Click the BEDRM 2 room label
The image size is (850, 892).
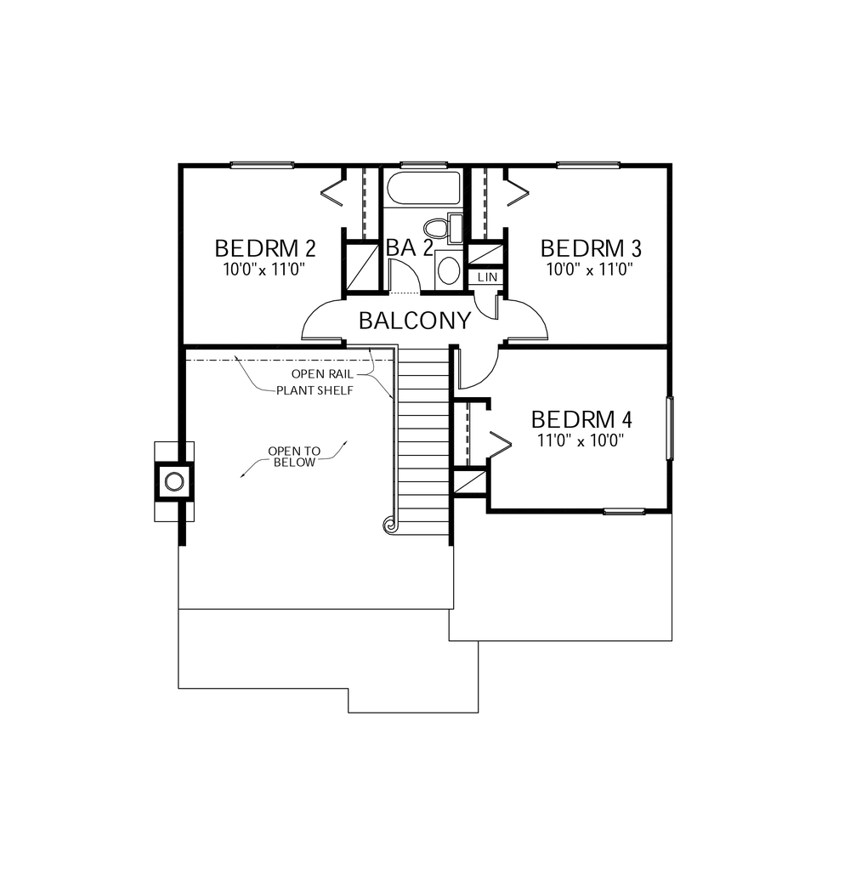click(x=265, y=248)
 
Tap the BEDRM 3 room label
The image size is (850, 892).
click(x=591, y=248)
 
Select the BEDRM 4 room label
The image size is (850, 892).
click(x=581, y=419)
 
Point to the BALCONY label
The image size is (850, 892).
click(x=414, y=321)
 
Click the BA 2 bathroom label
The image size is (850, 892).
click(x=410, y=247)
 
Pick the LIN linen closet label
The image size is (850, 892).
click(x=486, y=278)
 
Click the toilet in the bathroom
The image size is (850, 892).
click(x=438, y=228)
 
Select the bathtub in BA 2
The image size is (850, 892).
click(x=422, y=189)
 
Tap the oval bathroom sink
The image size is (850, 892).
click(x=448, y=271)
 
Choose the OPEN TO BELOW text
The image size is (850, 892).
click(x=292, y=457)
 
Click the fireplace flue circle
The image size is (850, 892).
click(x=174, y=482)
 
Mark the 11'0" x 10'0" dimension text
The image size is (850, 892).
click(x=581, y=440)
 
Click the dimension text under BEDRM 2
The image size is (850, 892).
click(x=263, y=269)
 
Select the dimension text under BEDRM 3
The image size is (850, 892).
click(x=591, y=269)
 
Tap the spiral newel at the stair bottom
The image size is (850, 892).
click(x=390, y=526)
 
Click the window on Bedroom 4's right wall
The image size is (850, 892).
click(x=670, y=429)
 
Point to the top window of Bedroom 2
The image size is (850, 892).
click(x=262, y=165)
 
